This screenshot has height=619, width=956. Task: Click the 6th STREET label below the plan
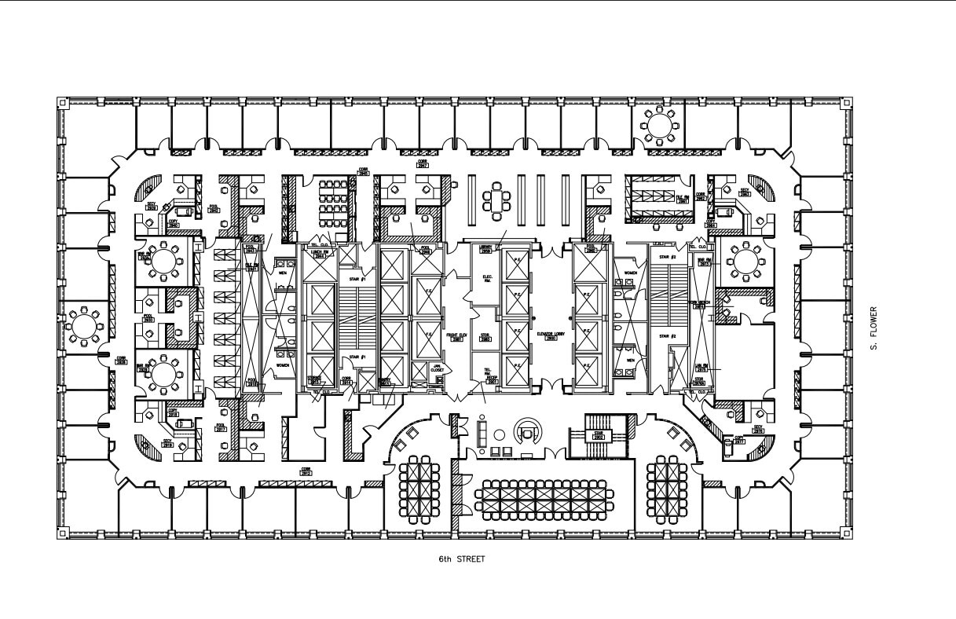point(462,559)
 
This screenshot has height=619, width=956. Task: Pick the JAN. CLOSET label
point(438,368)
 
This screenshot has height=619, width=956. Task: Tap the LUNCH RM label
point(320,253)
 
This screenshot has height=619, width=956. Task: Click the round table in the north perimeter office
point(657,124)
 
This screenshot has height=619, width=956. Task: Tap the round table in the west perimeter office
point(83,324)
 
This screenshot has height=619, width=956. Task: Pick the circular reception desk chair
point(527,431)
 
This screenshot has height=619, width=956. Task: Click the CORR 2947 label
point(422,164)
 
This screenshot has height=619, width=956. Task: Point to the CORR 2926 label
point(121,361)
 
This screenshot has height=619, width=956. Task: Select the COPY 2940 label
point(174,224)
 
